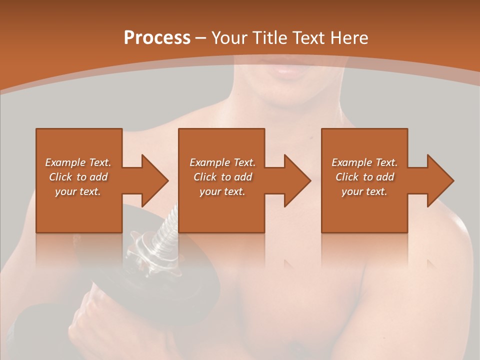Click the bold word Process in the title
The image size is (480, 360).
click(x=157, y=38)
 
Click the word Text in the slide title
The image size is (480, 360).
click(x=309, y=38)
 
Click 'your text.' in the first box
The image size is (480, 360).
click(x=78, y=191)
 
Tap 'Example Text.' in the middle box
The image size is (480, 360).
click(x=222, y=162)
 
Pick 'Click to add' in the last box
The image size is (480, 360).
click(x=365, y=177)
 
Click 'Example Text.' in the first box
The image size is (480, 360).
click(x=78, y=162)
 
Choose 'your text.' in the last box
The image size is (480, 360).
click(x=364, y=191)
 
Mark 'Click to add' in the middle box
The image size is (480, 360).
click(x=222, y=177)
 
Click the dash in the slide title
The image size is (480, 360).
click(x=201, y=38)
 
